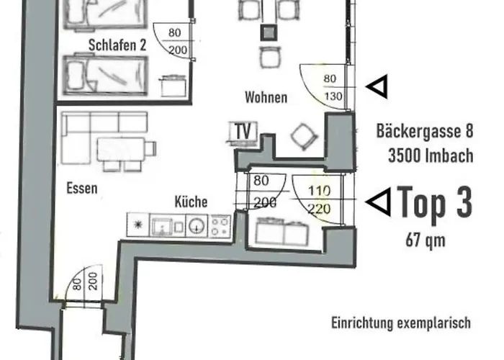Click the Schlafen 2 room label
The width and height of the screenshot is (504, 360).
[117, 45]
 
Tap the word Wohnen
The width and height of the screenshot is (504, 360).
[265, 97]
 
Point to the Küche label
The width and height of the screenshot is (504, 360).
[191, 202]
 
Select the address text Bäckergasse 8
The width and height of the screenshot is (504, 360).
[424, 132]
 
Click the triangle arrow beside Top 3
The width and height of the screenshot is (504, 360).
[377, 202]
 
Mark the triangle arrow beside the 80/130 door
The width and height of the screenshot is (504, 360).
[376, 87]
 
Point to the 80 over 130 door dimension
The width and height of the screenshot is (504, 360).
[330, 86]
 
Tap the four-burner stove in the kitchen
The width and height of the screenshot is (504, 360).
[220, 225]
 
